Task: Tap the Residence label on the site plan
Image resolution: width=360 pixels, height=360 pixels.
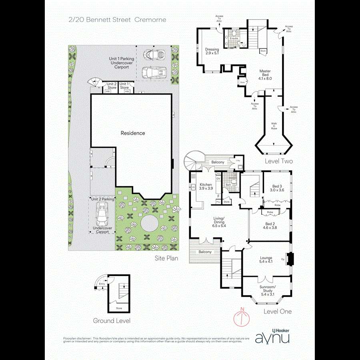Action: [133, 133]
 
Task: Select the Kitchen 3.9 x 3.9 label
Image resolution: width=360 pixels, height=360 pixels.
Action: [206, 187]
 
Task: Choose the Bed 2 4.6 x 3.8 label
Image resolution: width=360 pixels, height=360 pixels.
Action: [270, 226]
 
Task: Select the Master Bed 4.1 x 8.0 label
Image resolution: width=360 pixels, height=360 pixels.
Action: [265, 75]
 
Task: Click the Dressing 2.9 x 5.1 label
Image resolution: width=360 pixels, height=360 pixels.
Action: [212, 51]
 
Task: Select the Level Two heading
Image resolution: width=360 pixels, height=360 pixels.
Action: [279, 162]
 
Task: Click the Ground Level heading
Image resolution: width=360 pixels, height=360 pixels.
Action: [112, 320]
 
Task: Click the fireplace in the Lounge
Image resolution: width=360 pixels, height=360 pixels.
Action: [290, 259]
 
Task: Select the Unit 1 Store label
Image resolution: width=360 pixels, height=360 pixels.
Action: [124, 86]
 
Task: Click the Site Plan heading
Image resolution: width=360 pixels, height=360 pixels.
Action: [166, 259]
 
